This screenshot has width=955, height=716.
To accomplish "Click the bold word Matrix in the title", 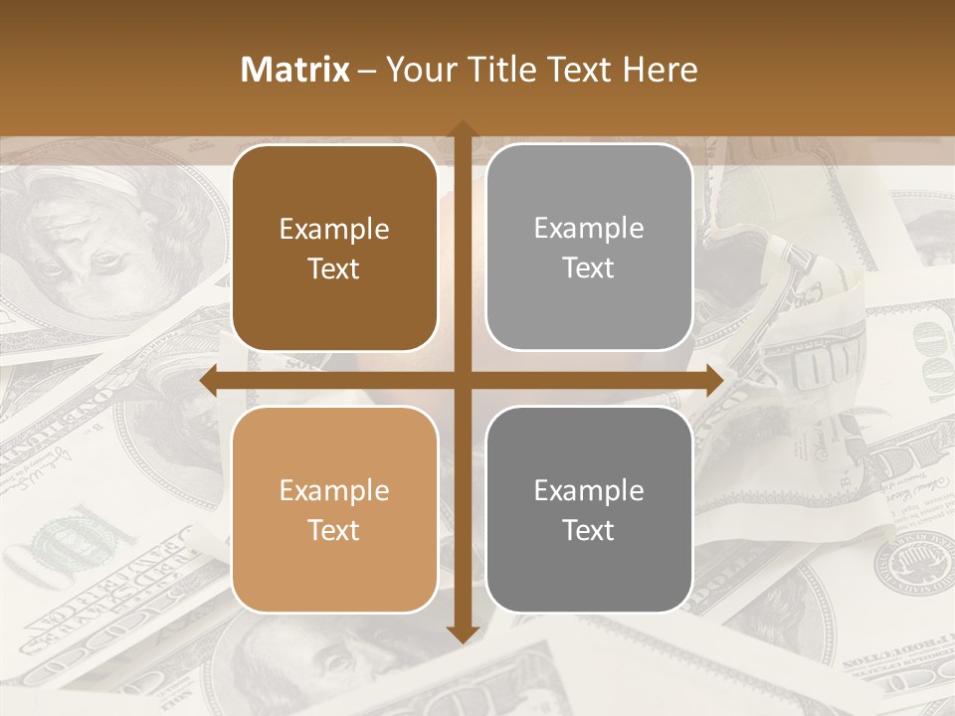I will (295, 70).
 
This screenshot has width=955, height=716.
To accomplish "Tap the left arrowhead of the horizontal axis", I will (210, 381).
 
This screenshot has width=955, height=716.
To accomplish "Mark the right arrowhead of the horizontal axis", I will (713, 381).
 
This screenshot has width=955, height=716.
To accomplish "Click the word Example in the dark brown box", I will (334, 230).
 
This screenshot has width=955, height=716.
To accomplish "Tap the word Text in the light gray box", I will (589, 268).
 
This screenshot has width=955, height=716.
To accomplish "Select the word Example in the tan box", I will (334, 491).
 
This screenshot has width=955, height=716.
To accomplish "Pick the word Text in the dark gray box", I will (589, 530).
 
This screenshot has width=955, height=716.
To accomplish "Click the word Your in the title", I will (418, 70).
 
